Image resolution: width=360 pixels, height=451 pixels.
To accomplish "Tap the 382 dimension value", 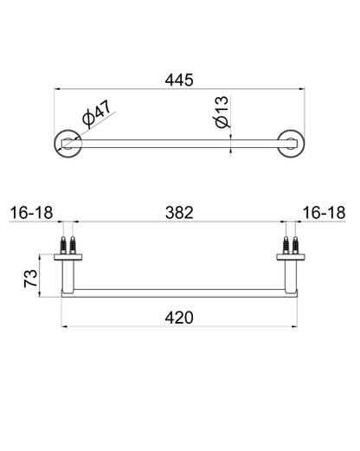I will pyautogui.click(x=178, y=212).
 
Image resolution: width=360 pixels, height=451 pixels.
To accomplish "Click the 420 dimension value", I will pyautogui.click(x=178, y=316).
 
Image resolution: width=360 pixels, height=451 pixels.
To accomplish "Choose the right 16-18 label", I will pyautogui.click(x=325, y=212).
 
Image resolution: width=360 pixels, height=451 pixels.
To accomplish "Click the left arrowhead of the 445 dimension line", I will pyautogui.click(x=58, y=89).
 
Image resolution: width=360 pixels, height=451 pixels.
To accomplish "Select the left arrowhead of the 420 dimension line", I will pyautogui.click(x=63, y=327).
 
